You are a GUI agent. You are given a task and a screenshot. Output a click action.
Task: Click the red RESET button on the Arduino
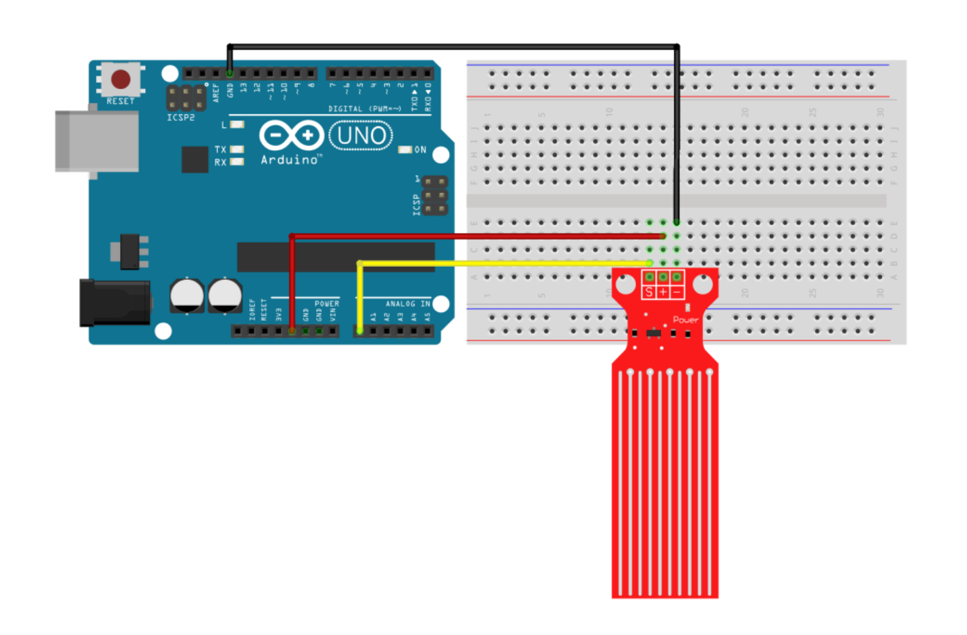[x=121, y=79]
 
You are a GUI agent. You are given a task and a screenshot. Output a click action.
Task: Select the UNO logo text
[x=361, y=136]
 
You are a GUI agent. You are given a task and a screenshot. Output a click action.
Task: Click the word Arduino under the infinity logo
[x=290, y=160]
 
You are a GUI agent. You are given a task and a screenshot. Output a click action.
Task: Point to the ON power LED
[x=405, y=149]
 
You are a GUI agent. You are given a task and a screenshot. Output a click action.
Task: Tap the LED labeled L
[x=237, y=124]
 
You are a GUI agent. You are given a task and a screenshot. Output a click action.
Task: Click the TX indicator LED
[x=237, y=149]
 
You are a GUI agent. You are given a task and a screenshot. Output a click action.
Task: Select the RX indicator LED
[x=237, y=162]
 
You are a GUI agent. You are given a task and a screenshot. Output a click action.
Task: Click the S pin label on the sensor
[x=649, y=292]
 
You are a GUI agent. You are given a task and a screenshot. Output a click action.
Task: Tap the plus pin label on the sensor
[x=663, y=292]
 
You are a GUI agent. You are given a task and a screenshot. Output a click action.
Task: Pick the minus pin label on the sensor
[x=677, y=292]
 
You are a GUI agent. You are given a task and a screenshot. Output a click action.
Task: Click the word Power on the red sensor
[x=685, y=320]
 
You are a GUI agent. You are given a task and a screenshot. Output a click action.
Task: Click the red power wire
[x=473, y=236]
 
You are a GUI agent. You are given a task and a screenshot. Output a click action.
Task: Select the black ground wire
[x=452, y=46]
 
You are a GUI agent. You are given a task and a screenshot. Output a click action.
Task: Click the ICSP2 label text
[x=181, y=118]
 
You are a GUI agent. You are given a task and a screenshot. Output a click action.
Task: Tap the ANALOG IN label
[x=408, y=304]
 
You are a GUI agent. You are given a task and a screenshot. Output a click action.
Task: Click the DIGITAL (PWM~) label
[x=365, y=109]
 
